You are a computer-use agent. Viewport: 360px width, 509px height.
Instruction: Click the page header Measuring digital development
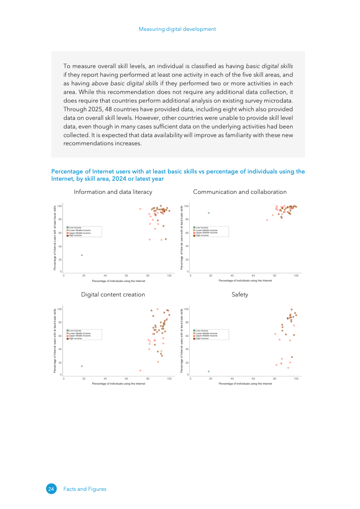(177, 29)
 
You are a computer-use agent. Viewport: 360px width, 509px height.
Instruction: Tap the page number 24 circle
(51, 489)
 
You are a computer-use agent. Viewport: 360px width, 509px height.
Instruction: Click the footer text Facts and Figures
(85, 489)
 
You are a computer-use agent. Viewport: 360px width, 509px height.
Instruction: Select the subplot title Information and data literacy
(113, 192)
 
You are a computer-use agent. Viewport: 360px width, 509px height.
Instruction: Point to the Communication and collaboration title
(240, 192)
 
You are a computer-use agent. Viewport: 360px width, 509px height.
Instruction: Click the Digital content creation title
(113, 295)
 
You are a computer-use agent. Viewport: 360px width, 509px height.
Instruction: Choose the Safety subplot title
(240, 295)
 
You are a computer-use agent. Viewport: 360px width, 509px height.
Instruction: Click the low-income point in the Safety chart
(209, 371)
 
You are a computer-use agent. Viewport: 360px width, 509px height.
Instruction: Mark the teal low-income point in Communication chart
(209, 213)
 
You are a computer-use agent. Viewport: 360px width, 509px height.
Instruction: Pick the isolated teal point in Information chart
(82, 255)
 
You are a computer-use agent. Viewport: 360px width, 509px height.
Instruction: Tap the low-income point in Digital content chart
(82, 366)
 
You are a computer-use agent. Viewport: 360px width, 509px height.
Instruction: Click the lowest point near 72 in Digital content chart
(140, 371)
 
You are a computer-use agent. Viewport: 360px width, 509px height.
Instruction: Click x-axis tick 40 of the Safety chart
(232, 378)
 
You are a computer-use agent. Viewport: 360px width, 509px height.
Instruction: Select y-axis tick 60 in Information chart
(59, 233)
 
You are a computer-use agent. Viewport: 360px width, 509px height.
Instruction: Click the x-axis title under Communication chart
(245, 281)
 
